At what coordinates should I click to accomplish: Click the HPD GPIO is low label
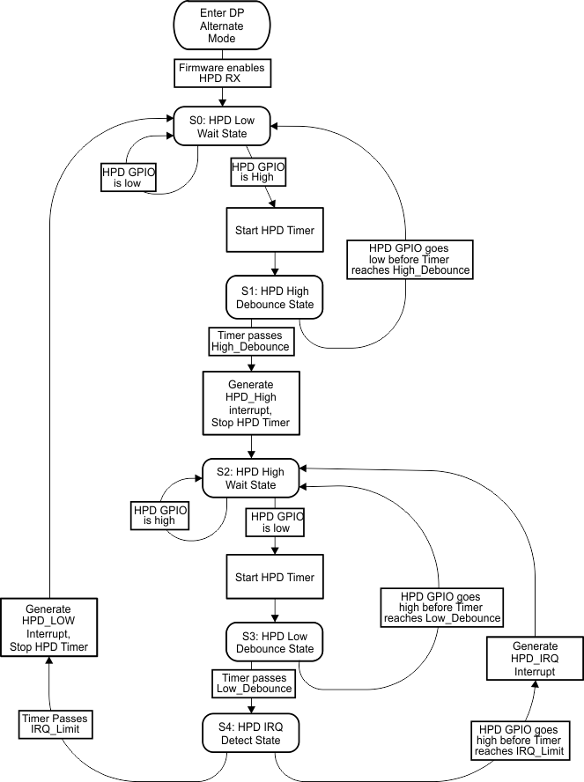[129, 178]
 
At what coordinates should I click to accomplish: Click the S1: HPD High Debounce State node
[277, 299]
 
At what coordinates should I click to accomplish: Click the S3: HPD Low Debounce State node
[276, 643]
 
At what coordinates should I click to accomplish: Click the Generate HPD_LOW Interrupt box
[49, 628]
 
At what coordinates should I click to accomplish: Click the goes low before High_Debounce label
[410, 259]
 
